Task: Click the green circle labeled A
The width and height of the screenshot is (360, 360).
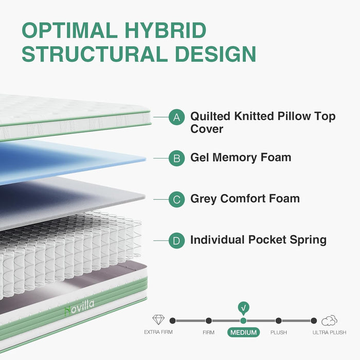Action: point(176,117)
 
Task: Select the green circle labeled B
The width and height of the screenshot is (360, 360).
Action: point(176,158)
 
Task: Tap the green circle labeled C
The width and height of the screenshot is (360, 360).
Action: point(176,199)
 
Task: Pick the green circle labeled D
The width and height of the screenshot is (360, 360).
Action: point(176,240)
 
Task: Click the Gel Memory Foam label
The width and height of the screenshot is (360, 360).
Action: point(241,157)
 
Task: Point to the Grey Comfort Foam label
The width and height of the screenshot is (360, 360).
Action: point(245,199)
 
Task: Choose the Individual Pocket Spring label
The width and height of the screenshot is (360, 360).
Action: point(258,240)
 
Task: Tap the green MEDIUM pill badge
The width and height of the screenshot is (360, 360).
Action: point(243,332)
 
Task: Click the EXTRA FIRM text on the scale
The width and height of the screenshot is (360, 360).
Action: point(158,332)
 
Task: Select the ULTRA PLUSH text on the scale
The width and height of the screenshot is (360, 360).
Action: point(329,332)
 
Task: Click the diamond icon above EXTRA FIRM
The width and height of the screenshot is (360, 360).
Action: point(158,320)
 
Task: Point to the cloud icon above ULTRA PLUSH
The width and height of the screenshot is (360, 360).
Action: point(329,320)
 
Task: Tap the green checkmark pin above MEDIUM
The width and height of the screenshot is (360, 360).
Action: point(243,308)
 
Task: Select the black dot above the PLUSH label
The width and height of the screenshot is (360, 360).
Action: point(278,320)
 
